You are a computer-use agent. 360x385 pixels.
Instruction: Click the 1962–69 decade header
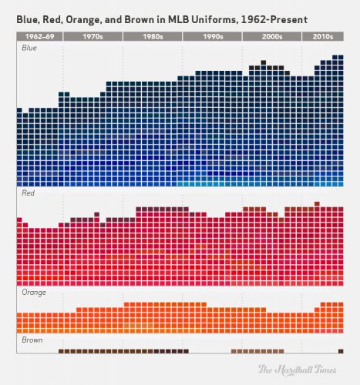click(38, 36)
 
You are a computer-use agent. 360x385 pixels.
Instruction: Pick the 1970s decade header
click(92, 36)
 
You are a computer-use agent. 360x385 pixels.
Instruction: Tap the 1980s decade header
click(152, 36)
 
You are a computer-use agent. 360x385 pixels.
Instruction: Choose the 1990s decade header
click(212, 36)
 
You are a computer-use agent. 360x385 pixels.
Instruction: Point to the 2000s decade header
click(271, 36)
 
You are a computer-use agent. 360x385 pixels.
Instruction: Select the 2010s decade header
click(323, 36)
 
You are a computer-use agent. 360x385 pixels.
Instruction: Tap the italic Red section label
click(28, 196)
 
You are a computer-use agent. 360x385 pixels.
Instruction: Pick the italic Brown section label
click(32, 340)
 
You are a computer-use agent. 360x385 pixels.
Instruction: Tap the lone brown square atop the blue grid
click(264, 62)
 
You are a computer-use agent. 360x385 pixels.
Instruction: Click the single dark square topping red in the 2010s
click(317, 203)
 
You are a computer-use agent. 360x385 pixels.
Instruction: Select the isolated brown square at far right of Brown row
click(341, 350)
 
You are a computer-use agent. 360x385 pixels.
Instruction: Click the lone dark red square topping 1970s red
click(96, 215)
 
